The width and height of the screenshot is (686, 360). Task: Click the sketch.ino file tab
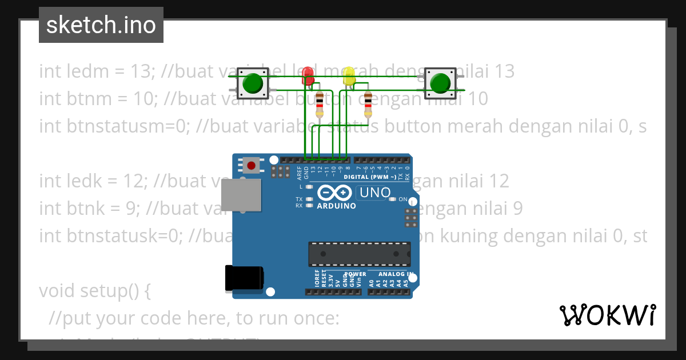coord(101,25)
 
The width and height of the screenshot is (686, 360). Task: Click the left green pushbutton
coord(252,84)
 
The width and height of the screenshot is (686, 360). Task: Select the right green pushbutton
coord(440,83)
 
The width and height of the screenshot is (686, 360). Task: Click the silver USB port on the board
coord(241,195)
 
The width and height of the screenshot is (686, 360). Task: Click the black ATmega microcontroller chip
coord(360,254)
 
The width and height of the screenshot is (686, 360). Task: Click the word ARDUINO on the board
coord(336,206)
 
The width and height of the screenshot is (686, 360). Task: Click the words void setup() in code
coord(94,291)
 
